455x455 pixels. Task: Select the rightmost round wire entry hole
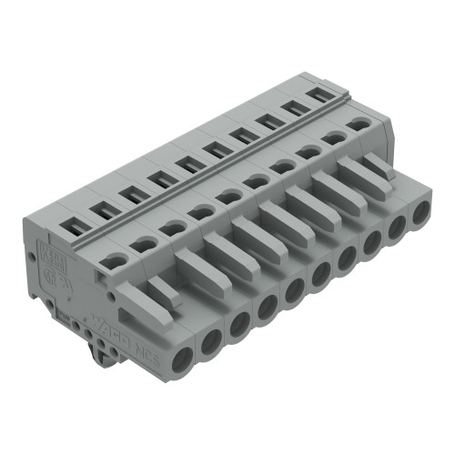[420, 214]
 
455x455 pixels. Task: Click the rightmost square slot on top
[318, 94]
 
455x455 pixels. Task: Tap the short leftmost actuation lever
[161, 290]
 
